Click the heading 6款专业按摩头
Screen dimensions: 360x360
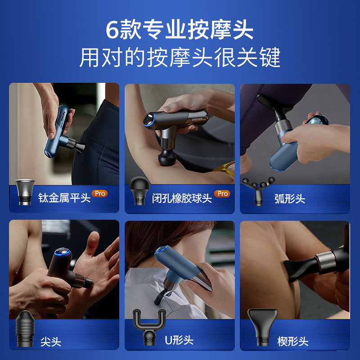[x=180, y=30]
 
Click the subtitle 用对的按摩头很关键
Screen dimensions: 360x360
[x=180, y=57]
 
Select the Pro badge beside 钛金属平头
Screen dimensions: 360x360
[x=99, y=193]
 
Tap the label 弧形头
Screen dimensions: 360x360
[x=289, y=198]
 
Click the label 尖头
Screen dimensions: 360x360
[x=50, y=342]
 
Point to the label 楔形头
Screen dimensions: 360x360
[x=293, y=341]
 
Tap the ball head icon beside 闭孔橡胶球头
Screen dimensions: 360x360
[x=138, y=191]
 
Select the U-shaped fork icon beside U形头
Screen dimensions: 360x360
[x=148, y=331]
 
